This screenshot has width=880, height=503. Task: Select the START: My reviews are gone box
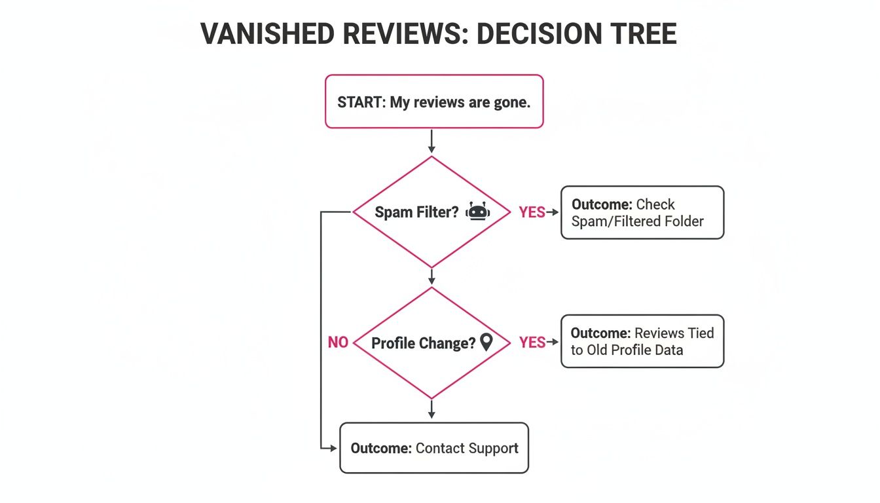coord(434,102)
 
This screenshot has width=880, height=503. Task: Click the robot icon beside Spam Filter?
coord(477,212)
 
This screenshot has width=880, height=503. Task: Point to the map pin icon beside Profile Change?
coord(486,342)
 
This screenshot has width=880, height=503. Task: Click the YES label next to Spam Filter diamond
coord(532,212)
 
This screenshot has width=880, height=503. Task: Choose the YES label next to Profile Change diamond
coord(532,343)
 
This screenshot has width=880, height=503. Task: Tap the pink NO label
coord(338,343)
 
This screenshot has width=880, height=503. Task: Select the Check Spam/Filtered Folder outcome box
coord(642,212)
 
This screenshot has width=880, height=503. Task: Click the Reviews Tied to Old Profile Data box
coord(642,341)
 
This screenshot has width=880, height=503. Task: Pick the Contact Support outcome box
coord(434,448)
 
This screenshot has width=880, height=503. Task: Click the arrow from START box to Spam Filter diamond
coord(431,141)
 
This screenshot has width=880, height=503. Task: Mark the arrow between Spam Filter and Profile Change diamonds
coord(431,276)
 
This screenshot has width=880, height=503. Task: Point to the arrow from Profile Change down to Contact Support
coord(431,409)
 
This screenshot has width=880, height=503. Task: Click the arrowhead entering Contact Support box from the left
coord(335,448)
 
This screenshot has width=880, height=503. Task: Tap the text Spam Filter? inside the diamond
coord(416,212)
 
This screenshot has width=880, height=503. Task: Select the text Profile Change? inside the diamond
coord(423,343)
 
